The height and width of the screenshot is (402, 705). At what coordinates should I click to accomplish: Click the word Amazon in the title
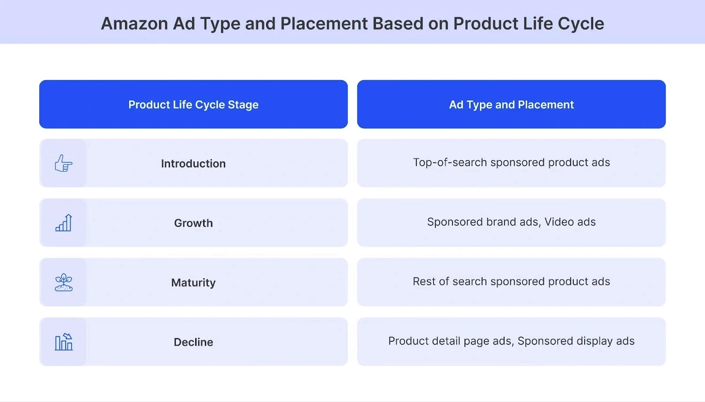(x=134, y=24)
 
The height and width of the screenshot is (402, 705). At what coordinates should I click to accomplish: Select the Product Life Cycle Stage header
(x=193, y=105)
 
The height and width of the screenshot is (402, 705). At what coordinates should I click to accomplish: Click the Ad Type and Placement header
(x=511, y=105)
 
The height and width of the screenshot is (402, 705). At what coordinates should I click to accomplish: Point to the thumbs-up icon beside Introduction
(x=63, y=163)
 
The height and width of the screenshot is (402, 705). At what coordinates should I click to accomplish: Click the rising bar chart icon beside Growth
(x=63, y=223)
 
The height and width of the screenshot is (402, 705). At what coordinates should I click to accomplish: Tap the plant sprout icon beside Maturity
(x=63, y=282)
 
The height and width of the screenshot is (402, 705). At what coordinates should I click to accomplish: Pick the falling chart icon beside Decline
(x=63, y=342)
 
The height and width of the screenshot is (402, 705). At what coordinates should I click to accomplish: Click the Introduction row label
(x=193, y=164)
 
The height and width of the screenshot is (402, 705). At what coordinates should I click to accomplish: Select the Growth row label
(x=193, y=223)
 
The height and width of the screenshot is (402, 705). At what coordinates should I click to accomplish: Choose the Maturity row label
(x=193, y=283)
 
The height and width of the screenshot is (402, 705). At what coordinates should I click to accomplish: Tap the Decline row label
(x=193, y=342)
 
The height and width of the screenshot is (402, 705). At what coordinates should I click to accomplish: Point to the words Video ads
(x=570, y=222)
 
